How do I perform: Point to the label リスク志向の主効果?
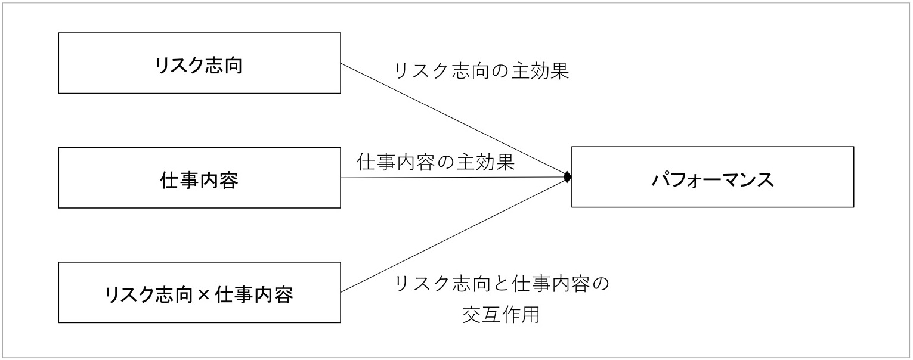[x=481, y=71]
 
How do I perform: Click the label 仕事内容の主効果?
[x=436, y=162]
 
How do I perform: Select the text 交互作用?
[x=501, y=314]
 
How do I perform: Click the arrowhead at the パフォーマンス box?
[x=567, y=177]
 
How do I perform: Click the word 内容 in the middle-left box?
[x=219, y=180]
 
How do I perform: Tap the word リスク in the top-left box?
[x=179, y=66]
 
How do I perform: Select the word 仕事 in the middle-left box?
[x=179, y=180]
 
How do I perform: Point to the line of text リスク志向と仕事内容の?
[x=502, y=284]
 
